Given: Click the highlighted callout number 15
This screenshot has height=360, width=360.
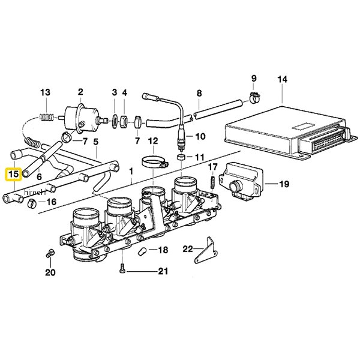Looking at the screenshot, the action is (14, 174).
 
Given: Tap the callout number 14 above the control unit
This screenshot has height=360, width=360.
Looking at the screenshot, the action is (282, 79).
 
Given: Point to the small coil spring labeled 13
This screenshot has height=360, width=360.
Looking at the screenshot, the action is (47, 117).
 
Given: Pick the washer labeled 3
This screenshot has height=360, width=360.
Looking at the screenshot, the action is (115, 121).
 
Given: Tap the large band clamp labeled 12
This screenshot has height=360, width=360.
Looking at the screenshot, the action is (154, 161).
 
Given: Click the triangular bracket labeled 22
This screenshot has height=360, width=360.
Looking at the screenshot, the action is (206, 250).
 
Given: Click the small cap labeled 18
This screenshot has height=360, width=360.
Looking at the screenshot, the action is (142, 251).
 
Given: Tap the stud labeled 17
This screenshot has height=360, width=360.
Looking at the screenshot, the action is (212, 182).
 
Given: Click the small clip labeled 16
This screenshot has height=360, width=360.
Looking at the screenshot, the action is (32, 203).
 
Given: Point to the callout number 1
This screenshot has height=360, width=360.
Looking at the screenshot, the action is (131, 172).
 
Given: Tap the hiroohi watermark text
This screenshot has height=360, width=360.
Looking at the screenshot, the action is (35, 193).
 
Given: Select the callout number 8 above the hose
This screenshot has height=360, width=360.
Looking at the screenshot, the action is (199, 93).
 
